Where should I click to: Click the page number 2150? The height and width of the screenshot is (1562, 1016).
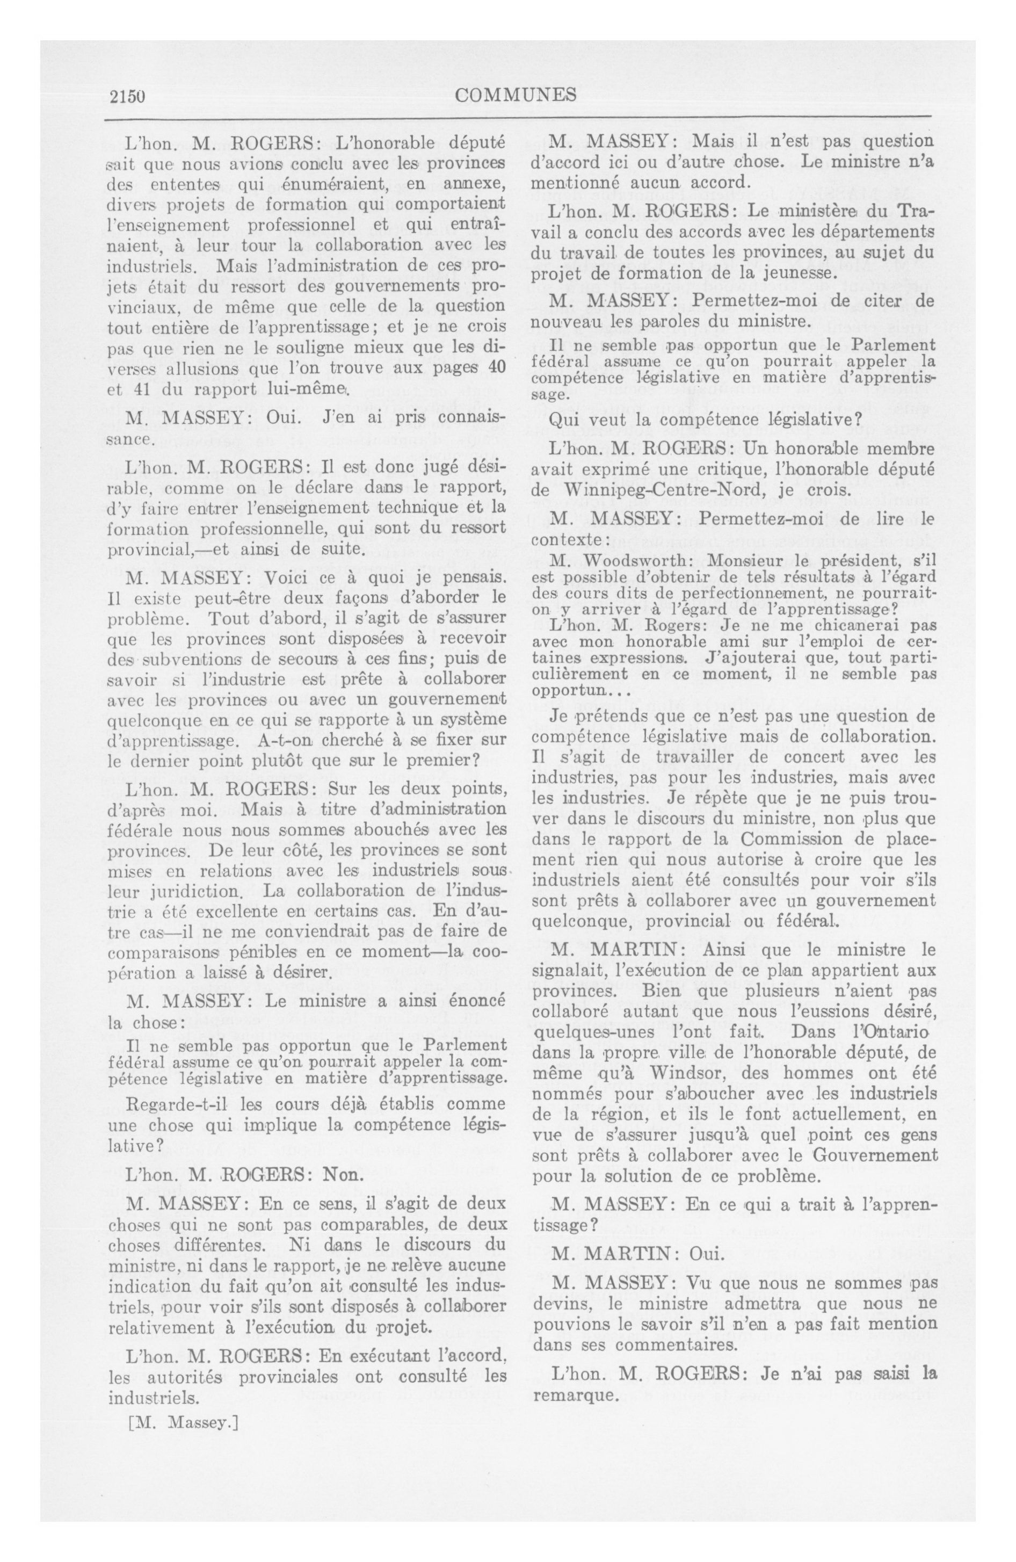point(127,96)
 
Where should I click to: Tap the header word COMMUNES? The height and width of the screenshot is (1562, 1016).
point(515,96)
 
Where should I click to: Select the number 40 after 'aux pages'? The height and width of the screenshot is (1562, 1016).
point(496,367)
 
